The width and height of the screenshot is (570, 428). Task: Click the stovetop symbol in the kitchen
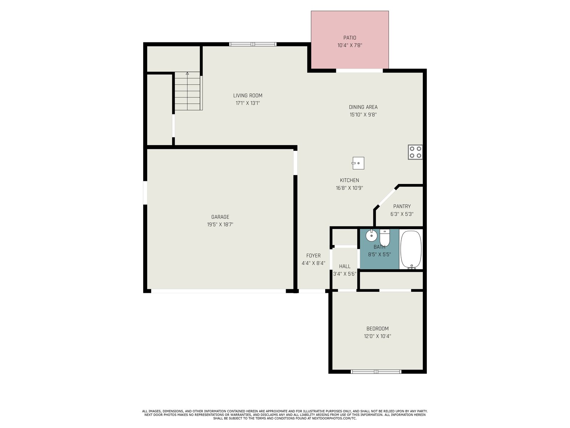tap(415, 152)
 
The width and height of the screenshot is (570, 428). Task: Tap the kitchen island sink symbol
tap(358, 163)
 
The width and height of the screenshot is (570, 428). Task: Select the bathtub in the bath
tap(410, 249)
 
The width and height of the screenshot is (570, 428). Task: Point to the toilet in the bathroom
tap(385, 238)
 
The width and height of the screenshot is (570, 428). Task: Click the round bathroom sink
tap(371, 235)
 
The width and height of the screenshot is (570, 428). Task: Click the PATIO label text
tap(349, 38)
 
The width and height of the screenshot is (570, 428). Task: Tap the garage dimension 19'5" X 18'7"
tap(220, 225)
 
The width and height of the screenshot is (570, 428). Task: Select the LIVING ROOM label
tap(248, 96)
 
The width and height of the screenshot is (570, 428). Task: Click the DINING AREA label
tap(363, 107)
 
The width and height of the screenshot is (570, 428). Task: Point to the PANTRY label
tap(402, 207)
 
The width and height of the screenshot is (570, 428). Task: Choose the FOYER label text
tap(313, 256)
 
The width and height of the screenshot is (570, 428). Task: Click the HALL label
tap(344, 266)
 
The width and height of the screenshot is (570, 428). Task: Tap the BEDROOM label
tap(377, 329)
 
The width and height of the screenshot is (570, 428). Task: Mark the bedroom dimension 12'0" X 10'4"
tap(377, 336)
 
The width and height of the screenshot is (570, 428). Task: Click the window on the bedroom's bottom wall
tap(376, 372)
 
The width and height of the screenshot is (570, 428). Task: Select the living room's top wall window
tap(253, 44)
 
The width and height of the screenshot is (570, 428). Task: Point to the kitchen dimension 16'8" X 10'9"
tap(349, 188)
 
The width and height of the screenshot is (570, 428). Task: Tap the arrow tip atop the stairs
tap(187, 72)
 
